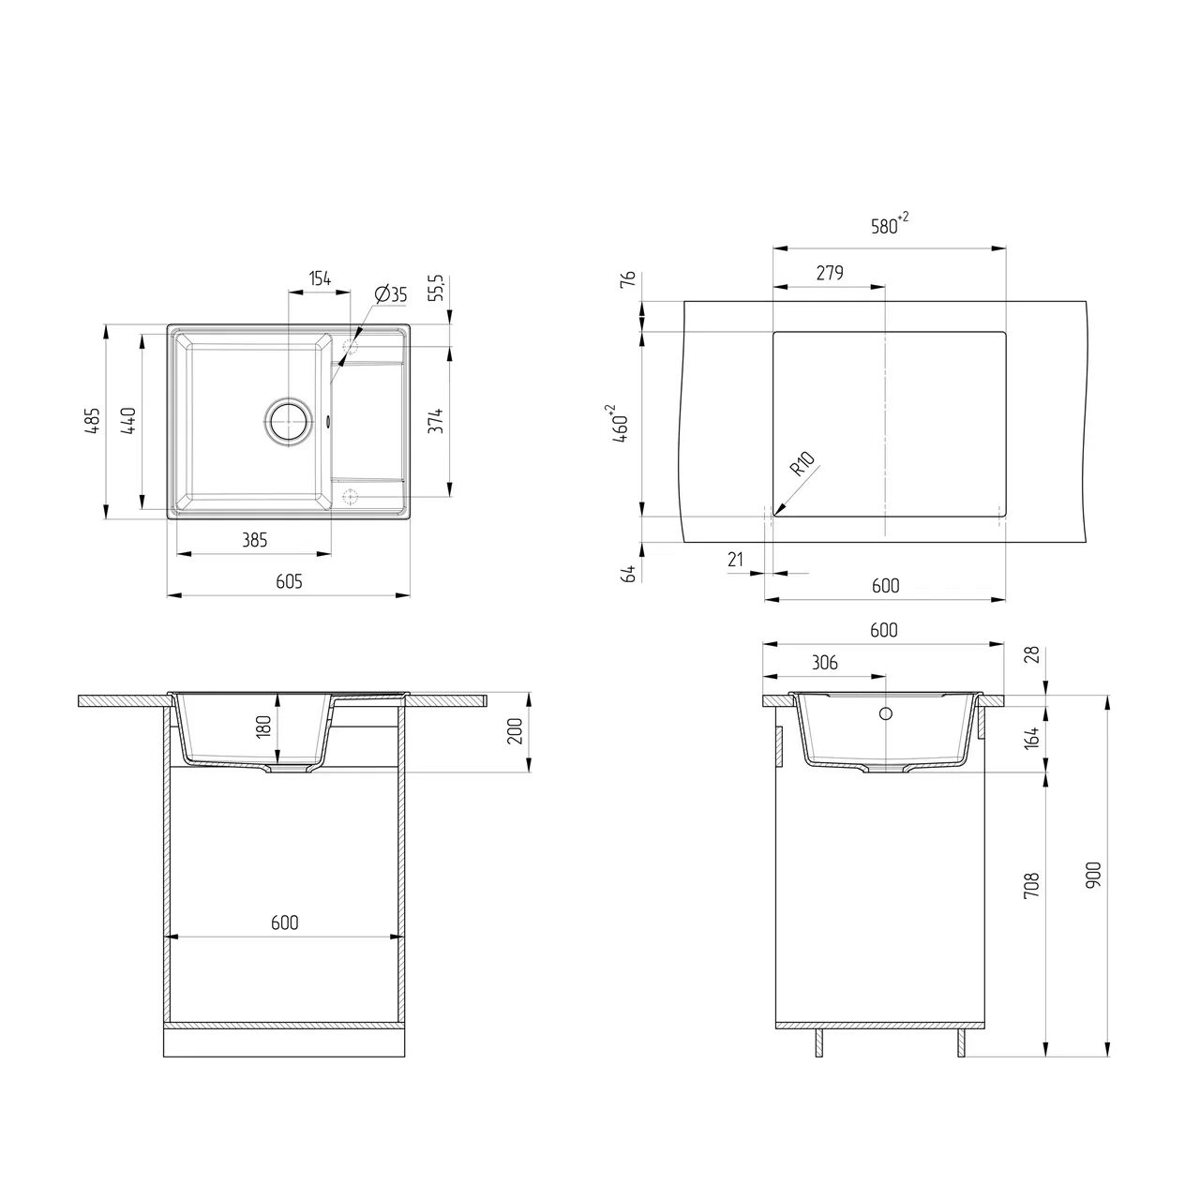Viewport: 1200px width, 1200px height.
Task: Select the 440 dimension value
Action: (128, 421)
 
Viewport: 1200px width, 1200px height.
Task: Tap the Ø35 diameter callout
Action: (391, 294)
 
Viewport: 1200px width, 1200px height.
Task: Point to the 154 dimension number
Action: (320, 278)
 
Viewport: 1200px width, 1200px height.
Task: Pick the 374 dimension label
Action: (437, 421)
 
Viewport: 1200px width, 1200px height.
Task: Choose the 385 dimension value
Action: (255, 540)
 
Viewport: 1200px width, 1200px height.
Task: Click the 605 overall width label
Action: (289, 581)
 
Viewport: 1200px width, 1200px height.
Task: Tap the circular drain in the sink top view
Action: (289, 420)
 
